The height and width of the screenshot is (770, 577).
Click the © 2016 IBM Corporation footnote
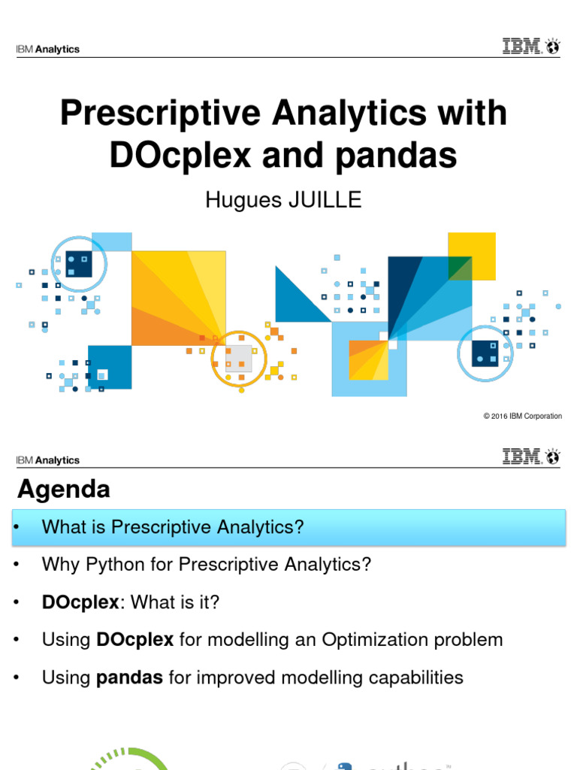click(x=522, y=416)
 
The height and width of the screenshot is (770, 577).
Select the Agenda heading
click(x=64, y=490)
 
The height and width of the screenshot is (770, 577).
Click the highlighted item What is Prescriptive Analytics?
click(x=173, y=526)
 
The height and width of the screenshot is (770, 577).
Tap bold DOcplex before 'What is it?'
click(x=80, y=602)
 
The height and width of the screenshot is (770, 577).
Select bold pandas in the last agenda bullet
click(x=130, y=678)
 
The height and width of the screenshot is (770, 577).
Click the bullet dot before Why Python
click(x=15, y=565)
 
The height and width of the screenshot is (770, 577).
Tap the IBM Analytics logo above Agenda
click(x=47, y=460)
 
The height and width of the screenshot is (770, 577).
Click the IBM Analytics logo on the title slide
click(x=47, y=50)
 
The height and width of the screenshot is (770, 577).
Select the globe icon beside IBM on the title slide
click(x=553, y=47)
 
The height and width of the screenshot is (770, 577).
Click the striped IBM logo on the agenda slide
click(x=521, y=456)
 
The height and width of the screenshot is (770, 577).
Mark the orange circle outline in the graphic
click(x=239, y=358)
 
